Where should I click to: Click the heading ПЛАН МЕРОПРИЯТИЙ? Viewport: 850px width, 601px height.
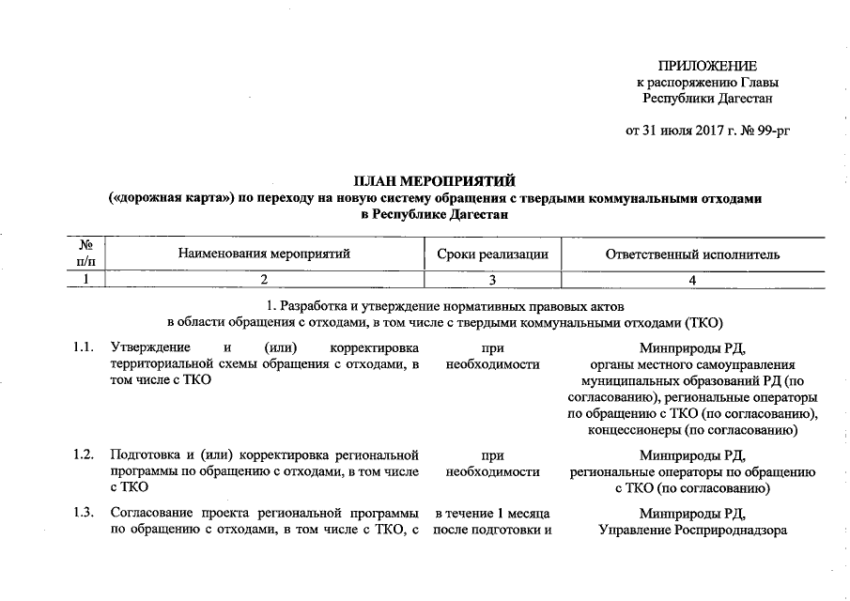(434, 181)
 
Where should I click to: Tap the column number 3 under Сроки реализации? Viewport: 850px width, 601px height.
(491, 280)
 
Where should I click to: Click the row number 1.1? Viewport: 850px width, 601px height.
(85, 349)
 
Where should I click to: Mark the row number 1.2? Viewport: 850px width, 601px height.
(85, 455)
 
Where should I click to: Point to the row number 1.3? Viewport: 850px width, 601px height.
(85, 514)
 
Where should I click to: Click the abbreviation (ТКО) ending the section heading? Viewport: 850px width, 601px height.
(702, 323)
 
